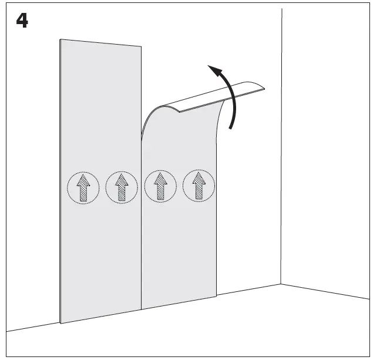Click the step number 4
(x=22, y=21)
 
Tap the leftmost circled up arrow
(x=83, y=188)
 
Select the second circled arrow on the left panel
(x=122, y=187)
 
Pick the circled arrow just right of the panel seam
(x=160, y=186)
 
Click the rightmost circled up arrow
(x=199, y=186)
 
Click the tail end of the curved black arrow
(x=231, y=128)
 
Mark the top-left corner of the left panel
(x=60, y=39)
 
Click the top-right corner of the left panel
(x=142, y=46)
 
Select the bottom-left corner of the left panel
(x=60, y=323)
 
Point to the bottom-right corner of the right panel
(x=216, y=296)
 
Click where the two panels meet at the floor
(x=142, y=309)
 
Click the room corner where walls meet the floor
(x=281, y=284)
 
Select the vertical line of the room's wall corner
(x=281, y=146)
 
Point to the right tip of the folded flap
(x=264, y=89)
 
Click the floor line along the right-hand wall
(x=325, y=291)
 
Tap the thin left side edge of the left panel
(x=60, y=181)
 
